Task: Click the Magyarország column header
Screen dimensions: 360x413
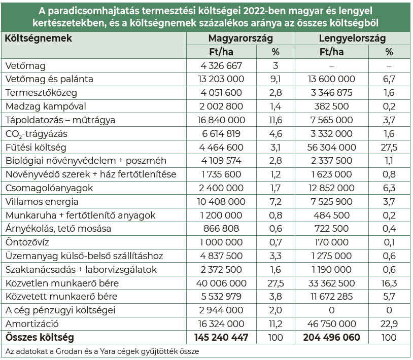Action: pyautogui.click(x=240, y=39)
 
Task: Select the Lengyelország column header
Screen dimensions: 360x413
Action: pyautogui.click(x=352, y=39)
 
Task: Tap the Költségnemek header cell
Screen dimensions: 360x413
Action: pyautogui.click(x=39, y=39)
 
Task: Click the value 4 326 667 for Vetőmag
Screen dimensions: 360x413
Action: pyautogui.click(x=221, y=66)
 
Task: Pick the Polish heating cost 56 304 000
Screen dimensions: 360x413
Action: pyautogui.click(x=332, y=148)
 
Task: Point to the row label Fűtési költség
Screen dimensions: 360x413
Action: pyautogui.click(x=36, y=148)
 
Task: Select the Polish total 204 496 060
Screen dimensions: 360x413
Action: pyautogui.click(x=333, y=337)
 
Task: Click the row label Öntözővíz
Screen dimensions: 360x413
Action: pyautogui.click(x=25, y=242)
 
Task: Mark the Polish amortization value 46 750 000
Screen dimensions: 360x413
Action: pyautogui.click(x=333, y=324)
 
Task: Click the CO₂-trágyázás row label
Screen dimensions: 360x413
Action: pyautogui.click(x=37, y=134)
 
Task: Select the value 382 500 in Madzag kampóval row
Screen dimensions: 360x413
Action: pyautogui.click(x=333, y=106)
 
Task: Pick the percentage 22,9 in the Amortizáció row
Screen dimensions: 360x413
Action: pyautogui.click(x=389, y=324)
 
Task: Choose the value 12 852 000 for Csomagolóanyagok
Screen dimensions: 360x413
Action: pyautogui.click(x=333, y=188)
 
